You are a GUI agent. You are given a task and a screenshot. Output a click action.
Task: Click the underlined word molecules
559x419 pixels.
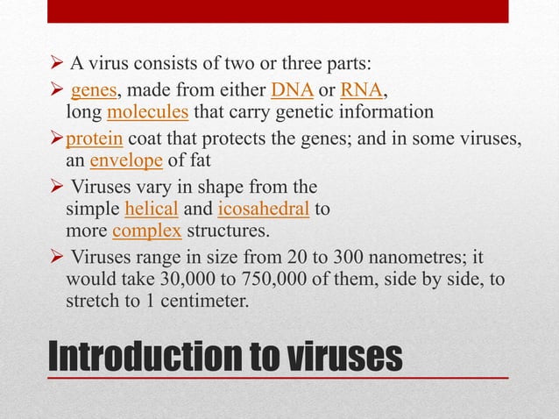[x=148, y=112]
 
